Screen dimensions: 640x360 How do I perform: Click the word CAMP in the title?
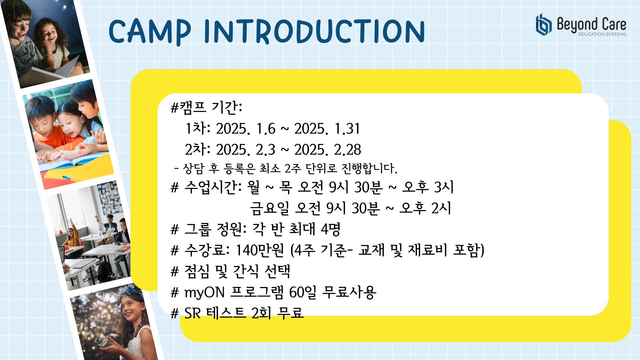pyautogui.click(x=150, y=32)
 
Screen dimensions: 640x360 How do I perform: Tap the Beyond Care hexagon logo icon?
pyautogui.click(x=544, y=25)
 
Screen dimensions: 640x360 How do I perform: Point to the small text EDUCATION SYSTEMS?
pyautogui.click(x=603, y=34)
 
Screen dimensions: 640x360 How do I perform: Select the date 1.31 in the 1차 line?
pyautogui.click(x=347, y=129)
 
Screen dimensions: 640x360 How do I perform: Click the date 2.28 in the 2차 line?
pyautogui.click(x=347, y=150)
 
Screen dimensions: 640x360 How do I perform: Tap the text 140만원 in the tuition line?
pyautogui.click(x=260, y=250)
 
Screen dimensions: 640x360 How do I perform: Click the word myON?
pyautogui.click(x=204, y=293)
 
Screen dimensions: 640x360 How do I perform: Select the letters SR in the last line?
pyautogui.click(x=192, y=313)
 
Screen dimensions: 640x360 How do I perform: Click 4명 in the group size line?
pyautogui.click(x=330, y=229)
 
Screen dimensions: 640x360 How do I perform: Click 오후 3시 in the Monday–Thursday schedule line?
pyautogui.click(x=428, y=187)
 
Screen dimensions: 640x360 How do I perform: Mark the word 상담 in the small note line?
pyautogui.click(x=193, y=168)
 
